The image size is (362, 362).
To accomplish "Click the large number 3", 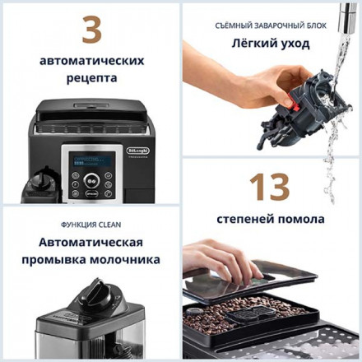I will pyautogui.click(x=90, y=30).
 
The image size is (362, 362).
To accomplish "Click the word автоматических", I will pyautogui.click(x=90, y=61).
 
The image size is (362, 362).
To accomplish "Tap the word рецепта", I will pyautogui.click(x=90, y=79).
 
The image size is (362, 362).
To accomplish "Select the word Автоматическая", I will pyautogui.click(x=90, y=243).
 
